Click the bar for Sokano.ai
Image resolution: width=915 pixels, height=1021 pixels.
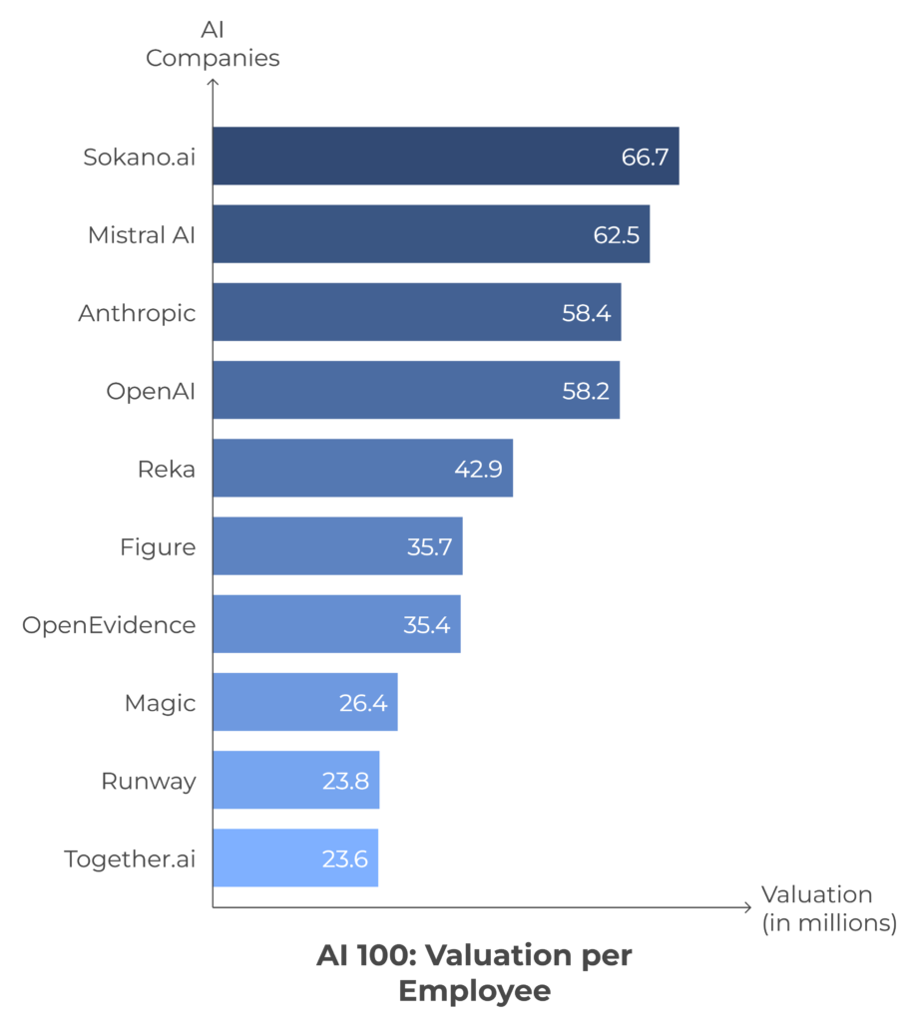pos(445,156)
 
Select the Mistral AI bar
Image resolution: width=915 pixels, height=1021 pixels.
pos(431,234)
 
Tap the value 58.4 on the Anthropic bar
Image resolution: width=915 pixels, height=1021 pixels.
pos(586,312)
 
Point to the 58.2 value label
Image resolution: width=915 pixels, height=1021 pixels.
pos(585,390)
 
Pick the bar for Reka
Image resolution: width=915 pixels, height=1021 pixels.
pos(362,468)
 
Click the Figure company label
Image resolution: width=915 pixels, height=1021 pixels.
pos(158,546)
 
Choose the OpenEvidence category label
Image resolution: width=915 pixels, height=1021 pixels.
pos(109,624)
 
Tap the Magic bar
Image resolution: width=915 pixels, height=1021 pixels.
pos(305,702)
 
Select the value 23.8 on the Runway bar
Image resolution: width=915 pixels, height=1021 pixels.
pos(345,780)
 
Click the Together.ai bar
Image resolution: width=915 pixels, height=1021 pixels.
pos(295,857)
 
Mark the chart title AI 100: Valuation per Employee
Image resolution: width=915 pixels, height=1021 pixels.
pos(474,973)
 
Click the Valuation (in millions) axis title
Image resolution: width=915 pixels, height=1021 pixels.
pos(828,908)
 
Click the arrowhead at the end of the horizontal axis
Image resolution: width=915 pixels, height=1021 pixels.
pos(746,907)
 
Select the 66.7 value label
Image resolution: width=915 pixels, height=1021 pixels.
pos(644,157)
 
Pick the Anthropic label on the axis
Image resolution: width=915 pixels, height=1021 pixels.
pos(137,312)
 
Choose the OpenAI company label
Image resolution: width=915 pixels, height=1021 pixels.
pos(151,390)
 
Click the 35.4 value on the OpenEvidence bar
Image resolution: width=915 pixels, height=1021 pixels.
pos(426,624)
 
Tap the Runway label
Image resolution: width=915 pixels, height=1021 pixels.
pos(149,780)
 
